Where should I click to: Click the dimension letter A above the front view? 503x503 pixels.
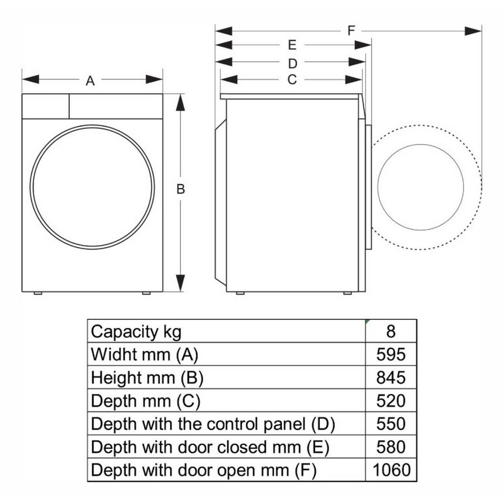[90, 81]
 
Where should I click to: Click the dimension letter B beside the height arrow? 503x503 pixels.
[181, 189]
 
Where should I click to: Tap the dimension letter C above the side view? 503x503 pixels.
[292, 79]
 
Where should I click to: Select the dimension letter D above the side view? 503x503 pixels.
[292, 64]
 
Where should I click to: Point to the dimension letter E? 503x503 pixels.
[292, 45]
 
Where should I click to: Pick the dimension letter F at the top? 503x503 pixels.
[352, 31]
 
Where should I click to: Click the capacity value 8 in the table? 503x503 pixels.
[391, 331]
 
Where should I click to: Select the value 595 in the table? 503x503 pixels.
[391, 354]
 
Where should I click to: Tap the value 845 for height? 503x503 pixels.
[391, 378]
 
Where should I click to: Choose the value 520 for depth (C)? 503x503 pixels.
[391, 401]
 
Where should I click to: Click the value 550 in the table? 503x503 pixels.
[391, 424]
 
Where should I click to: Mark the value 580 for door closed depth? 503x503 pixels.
[391, 447]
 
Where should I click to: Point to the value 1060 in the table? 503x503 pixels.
[391, 470]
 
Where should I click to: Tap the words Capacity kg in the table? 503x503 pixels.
[136, 332]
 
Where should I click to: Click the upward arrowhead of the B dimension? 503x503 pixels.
[181, 102]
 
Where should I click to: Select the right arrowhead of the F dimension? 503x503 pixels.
[473, 31]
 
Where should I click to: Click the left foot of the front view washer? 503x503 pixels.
[38, 293]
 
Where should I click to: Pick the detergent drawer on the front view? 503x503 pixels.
[46, 106]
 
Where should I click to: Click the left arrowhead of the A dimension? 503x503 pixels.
[31, 79]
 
